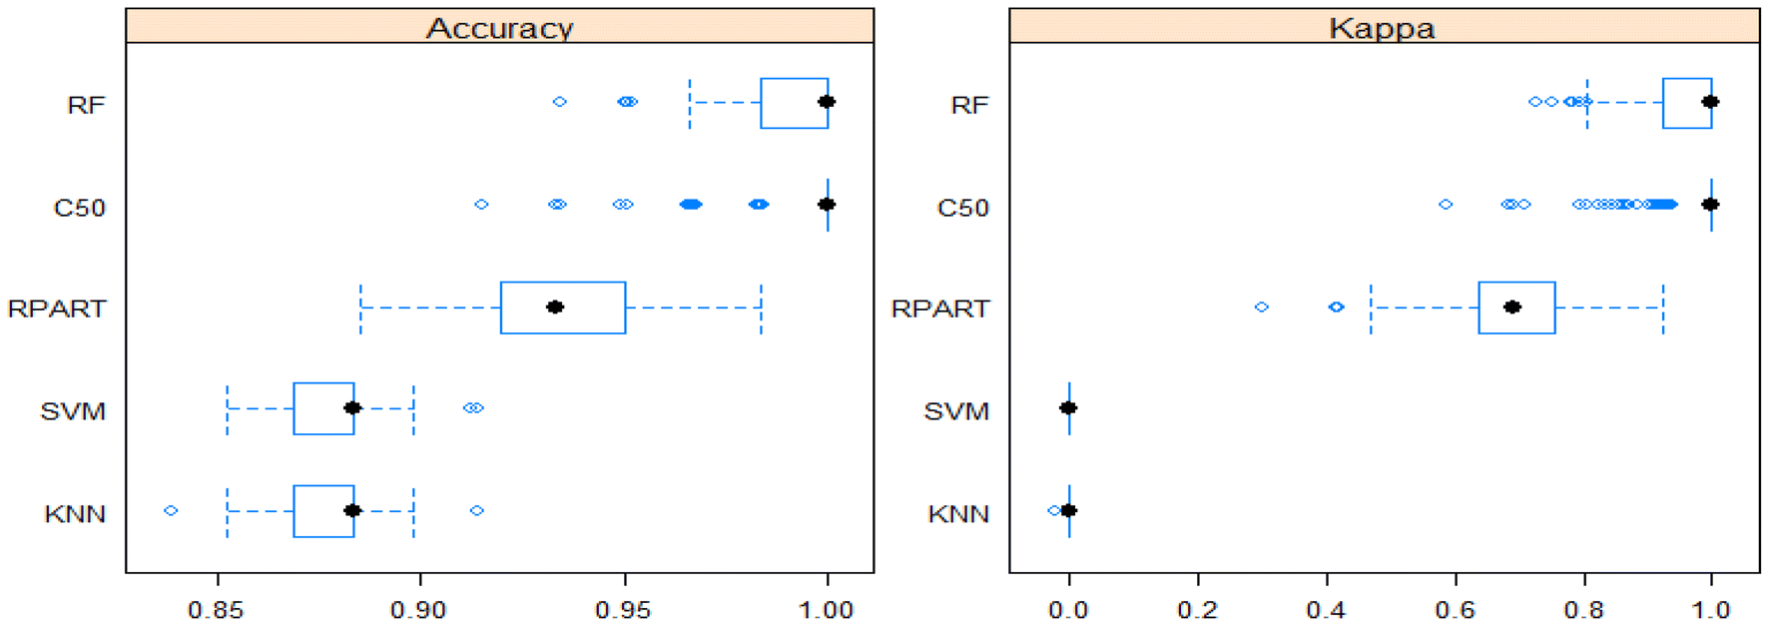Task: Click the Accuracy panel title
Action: [x=499, y=27]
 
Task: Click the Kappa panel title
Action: [x=1382, y=27]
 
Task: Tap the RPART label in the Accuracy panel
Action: [x=57, y=309]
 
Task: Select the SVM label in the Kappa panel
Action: [x=956, y=411]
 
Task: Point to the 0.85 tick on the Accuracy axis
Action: [x=217, y=609]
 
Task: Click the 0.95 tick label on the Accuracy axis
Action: [x=623, y=609]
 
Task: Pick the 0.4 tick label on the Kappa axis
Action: [x=1326, y=609]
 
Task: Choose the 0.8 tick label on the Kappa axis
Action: [x=1583, y=609]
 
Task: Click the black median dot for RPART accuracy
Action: [x=555, y=307]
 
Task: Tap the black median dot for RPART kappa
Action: [x=1511, y=307]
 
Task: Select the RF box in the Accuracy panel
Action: [x=794, y=103]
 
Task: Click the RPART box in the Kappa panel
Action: [x=1516, y=308]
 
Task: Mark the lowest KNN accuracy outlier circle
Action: [x=171, y=510]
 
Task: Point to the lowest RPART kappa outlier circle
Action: [x=1262, y=307]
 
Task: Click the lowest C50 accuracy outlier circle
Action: [x=481, y=205]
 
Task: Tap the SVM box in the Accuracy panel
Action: [x=323, y=408]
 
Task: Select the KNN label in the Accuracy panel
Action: [x=75, y=514]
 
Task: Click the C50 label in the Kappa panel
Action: [x=962, y=208]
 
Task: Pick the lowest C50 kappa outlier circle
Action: [x=1446, y=205]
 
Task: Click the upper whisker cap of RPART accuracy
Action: [x=761, y=308]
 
